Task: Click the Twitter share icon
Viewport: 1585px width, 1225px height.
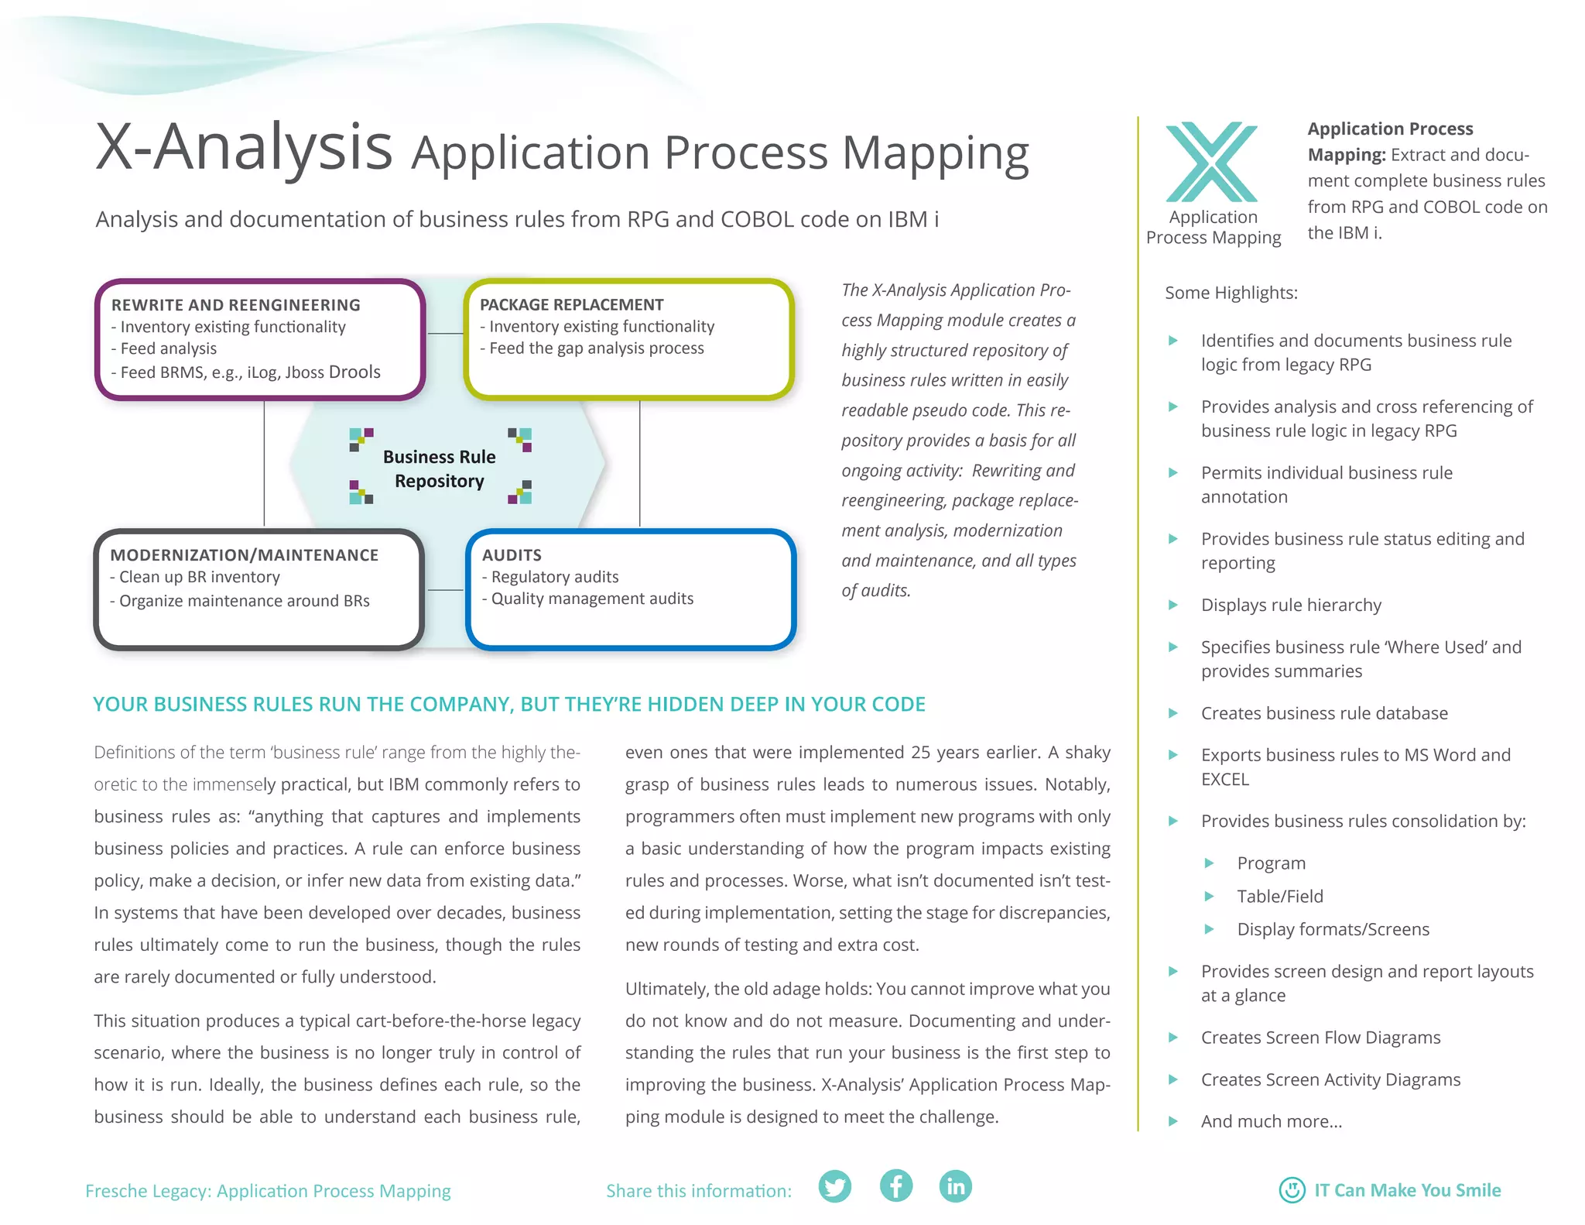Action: click(834, 1186)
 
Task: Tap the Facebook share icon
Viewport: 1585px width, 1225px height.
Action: click(895, 1186)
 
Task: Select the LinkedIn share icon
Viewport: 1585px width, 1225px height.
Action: click(956, 1186)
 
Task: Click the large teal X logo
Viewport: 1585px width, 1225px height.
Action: click(1212, 162)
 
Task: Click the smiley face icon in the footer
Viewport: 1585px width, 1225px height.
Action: click(1292, 1189)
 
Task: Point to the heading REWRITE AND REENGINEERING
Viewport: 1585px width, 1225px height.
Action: click(236, 305)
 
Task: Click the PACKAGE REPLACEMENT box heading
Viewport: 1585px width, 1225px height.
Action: click(572, 305)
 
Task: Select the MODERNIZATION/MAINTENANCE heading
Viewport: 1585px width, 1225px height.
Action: click(245, 555)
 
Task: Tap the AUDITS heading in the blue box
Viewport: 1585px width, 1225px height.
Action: click(512, 555)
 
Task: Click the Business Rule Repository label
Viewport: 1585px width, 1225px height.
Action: click(440, 468)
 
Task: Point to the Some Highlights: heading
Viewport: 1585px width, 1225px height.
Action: click(1231, 293)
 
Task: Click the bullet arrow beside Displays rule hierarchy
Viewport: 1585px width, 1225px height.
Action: click(1173, 605)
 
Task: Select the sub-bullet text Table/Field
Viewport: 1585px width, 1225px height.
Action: click(1280, 896)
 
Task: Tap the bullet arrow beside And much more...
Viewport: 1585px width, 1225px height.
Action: click(1173, 1121)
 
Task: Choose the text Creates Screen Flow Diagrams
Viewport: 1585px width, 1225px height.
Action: click(1320, 1038)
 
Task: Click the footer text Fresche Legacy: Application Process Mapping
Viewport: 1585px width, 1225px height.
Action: click(268, 1191)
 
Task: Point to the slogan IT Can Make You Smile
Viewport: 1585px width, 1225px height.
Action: click(1407, 1190)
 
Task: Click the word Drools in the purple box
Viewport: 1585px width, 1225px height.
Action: click(354, 372)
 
